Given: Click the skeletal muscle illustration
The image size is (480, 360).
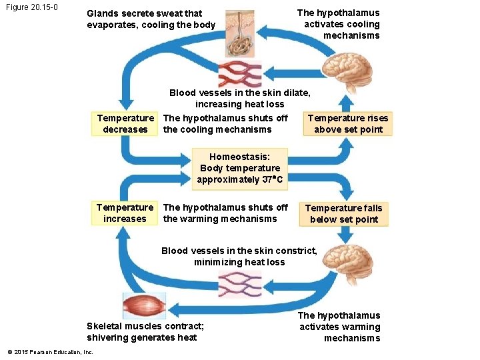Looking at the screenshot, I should [144, 305].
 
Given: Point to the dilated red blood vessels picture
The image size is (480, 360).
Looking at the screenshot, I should [241, 73].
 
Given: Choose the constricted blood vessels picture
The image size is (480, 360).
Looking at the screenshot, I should [240, 286].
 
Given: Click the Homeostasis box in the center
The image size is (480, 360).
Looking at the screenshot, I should [240, 168].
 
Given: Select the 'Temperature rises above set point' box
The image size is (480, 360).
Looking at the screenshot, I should [348, 123].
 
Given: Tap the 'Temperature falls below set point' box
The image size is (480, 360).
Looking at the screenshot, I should [343, 213].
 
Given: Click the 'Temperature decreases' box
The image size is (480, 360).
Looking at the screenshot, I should [125, 123].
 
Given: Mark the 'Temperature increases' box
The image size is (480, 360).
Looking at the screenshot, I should [125, 213].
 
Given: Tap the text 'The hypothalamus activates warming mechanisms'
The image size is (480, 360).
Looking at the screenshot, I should [340, 327].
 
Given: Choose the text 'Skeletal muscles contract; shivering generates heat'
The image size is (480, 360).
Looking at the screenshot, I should [145, 331].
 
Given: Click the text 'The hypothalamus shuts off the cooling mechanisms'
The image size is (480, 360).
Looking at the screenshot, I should [225, 123].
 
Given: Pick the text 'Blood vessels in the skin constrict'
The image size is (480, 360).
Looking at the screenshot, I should [239, 251].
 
